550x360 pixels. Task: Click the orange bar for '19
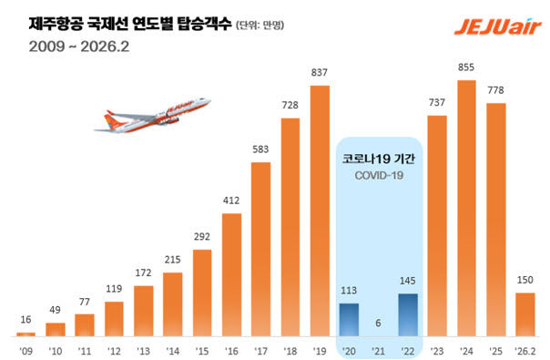tap(320, 210)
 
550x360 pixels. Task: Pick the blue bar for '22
tap(408, 314)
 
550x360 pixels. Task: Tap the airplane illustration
tap(152, 118)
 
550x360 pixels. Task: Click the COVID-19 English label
tap(379, 174)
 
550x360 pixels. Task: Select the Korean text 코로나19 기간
tap(379, 158)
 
